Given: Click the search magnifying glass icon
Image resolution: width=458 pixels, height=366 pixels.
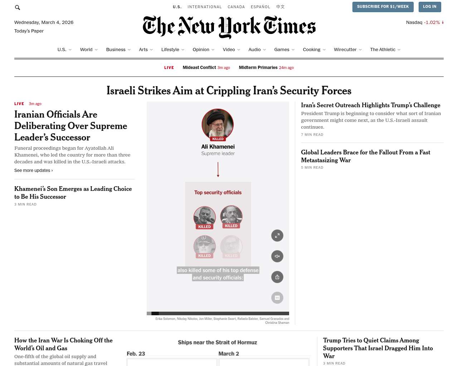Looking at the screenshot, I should click(18, 8).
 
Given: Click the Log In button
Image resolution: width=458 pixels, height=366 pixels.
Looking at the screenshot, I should click(429, 7).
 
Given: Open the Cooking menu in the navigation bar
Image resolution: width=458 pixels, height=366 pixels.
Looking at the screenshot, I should click(312, 50).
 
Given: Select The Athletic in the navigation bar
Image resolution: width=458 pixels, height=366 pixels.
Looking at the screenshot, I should click(383, 50).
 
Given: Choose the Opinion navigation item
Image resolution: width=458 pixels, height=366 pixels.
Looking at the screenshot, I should click(201, 50).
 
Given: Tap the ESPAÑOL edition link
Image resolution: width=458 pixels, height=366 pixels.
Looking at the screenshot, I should click(260, 7).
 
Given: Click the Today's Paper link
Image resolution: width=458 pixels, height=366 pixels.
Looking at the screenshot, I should click(29, 31).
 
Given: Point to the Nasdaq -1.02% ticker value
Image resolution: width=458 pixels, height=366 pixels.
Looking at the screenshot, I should click(432, 23).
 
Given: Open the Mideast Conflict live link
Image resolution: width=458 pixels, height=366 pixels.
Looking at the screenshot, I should click(199, 68).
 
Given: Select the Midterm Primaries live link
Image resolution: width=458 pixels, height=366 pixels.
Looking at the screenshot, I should click(258, 68).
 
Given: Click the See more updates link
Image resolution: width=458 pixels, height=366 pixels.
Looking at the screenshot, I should click(33, 170).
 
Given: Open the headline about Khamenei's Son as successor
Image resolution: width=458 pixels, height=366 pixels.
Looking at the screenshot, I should click(73, 193).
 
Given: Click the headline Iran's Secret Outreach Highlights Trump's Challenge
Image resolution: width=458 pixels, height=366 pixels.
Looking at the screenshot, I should click(370, 105).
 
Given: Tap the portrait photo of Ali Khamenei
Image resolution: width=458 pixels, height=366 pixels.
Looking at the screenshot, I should click(218, 124).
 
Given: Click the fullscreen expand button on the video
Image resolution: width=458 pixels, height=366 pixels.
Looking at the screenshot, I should click(277, 236).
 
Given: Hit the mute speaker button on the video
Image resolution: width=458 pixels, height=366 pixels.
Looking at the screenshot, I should click(277, 256).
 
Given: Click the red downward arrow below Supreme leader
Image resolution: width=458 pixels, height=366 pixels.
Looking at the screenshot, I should click(218, 169).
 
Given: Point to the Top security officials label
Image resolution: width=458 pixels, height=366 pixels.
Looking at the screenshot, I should click(218, 193).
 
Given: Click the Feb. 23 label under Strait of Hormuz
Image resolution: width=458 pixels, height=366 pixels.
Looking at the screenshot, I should click(136, 354).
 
